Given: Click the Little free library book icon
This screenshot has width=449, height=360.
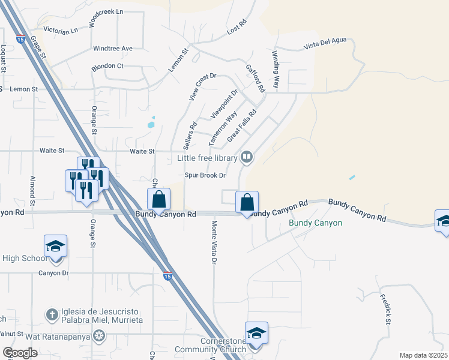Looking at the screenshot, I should click(247, 158).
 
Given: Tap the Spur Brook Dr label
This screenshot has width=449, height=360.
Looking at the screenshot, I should click(205, 175).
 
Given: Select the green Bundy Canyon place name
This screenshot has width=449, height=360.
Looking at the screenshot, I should click(315, 223).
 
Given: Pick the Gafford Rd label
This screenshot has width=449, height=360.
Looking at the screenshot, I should click(256, 79).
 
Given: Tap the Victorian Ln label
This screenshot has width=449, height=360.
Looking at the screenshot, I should click(61, 29).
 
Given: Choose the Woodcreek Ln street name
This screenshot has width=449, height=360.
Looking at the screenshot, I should click(105, 20).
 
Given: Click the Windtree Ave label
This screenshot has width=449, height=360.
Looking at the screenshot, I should click(112, 48).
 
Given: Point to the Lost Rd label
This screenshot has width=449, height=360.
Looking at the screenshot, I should click(237, 26).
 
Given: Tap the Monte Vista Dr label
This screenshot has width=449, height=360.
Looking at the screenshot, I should click(214, 242).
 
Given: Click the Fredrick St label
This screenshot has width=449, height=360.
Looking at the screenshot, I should click(385, 308).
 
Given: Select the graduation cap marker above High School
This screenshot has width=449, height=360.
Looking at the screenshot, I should click(55, 246).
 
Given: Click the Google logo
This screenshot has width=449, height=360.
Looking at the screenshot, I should click(20, 353).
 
